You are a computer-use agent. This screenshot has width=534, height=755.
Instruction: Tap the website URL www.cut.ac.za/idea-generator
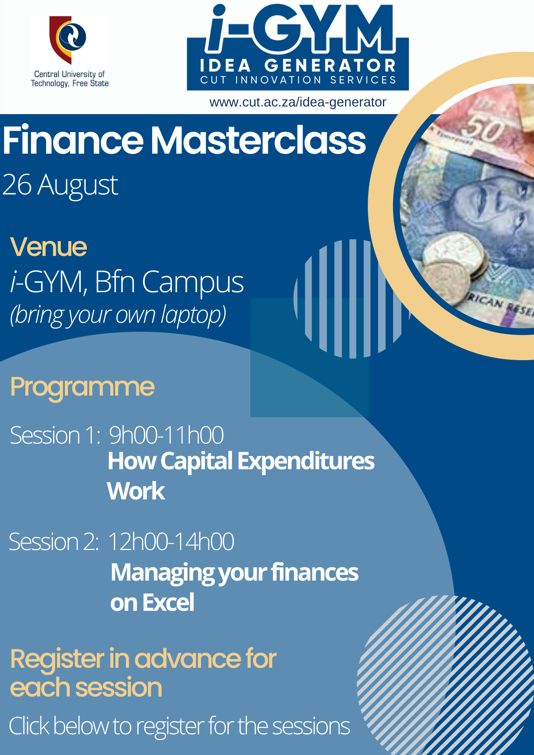tap(298, 102)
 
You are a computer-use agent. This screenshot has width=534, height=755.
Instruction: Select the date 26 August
tap(60, 185)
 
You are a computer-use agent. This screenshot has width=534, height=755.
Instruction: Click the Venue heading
tap(49, 247)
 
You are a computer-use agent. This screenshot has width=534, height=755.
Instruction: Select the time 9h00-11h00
tap(166, 435)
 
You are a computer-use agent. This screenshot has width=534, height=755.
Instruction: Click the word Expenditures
tap(306, 462)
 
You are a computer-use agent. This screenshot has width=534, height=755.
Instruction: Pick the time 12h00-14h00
tap(171, 542)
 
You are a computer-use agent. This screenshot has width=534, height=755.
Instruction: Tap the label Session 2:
tap(54, 542)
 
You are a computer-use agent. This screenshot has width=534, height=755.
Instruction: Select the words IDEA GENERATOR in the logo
tap(298, 66)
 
